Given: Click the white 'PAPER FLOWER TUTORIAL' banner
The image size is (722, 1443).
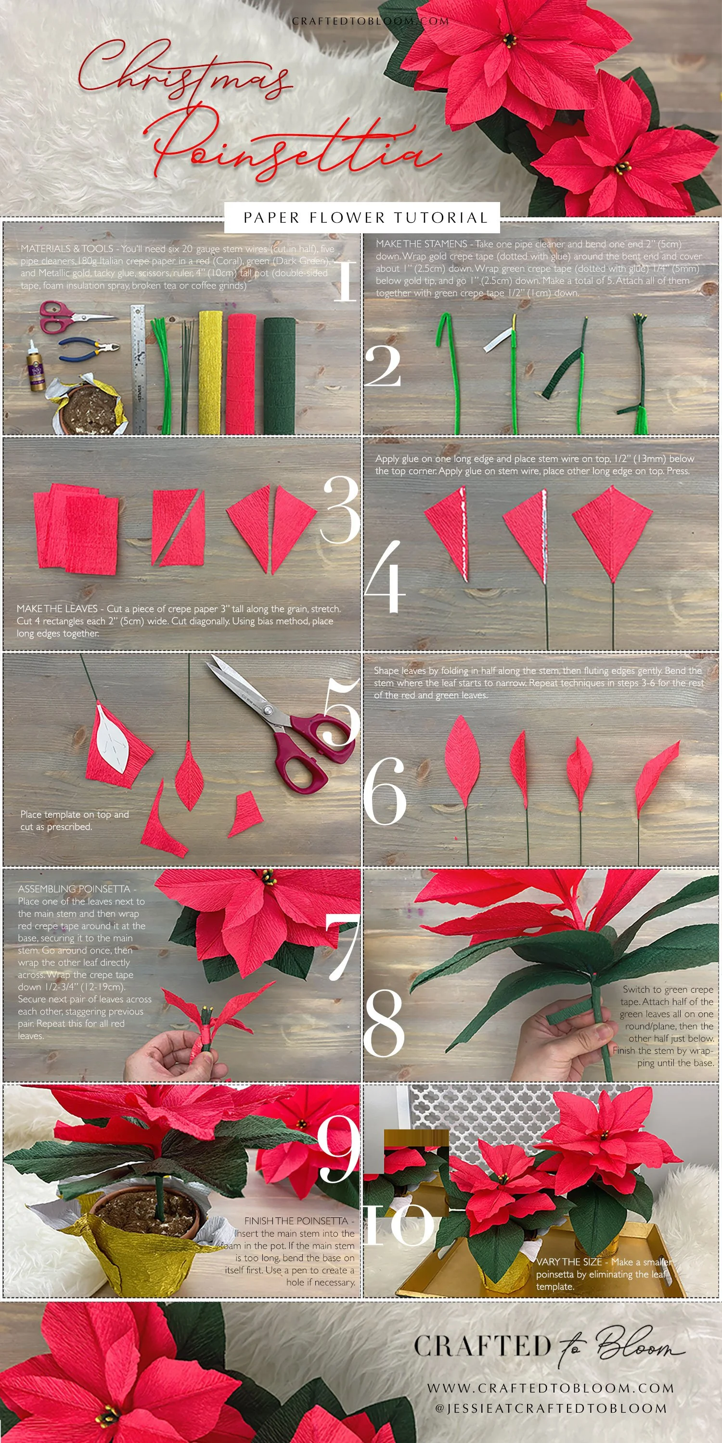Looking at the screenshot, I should point(361,217).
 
